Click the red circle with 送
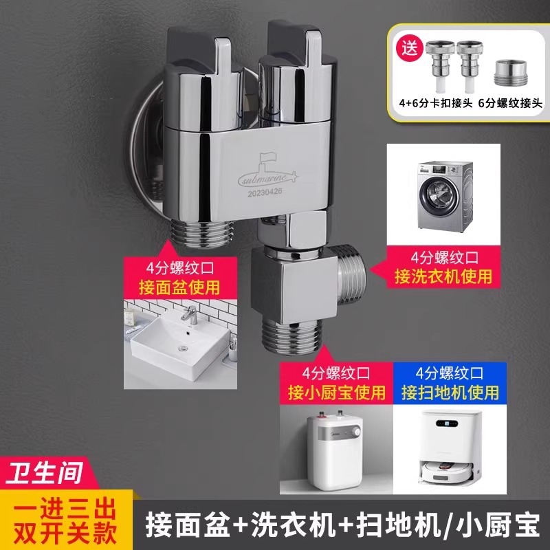coord(409,47)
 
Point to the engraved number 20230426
coord(265,192)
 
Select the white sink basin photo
coord(180,344)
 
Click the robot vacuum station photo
coord(450,450)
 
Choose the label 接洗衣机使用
coord(443,276)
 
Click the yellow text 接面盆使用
coord(179,287)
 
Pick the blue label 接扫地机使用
coord(450,393)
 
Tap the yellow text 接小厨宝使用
coord(336,393)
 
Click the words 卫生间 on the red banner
coord(45,472)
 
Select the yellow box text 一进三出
coord(65,509)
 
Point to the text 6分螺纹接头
coord(510,103)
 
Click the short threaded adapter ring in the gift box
coord(509,73)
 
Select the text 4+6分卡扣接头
coord(436,103)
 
